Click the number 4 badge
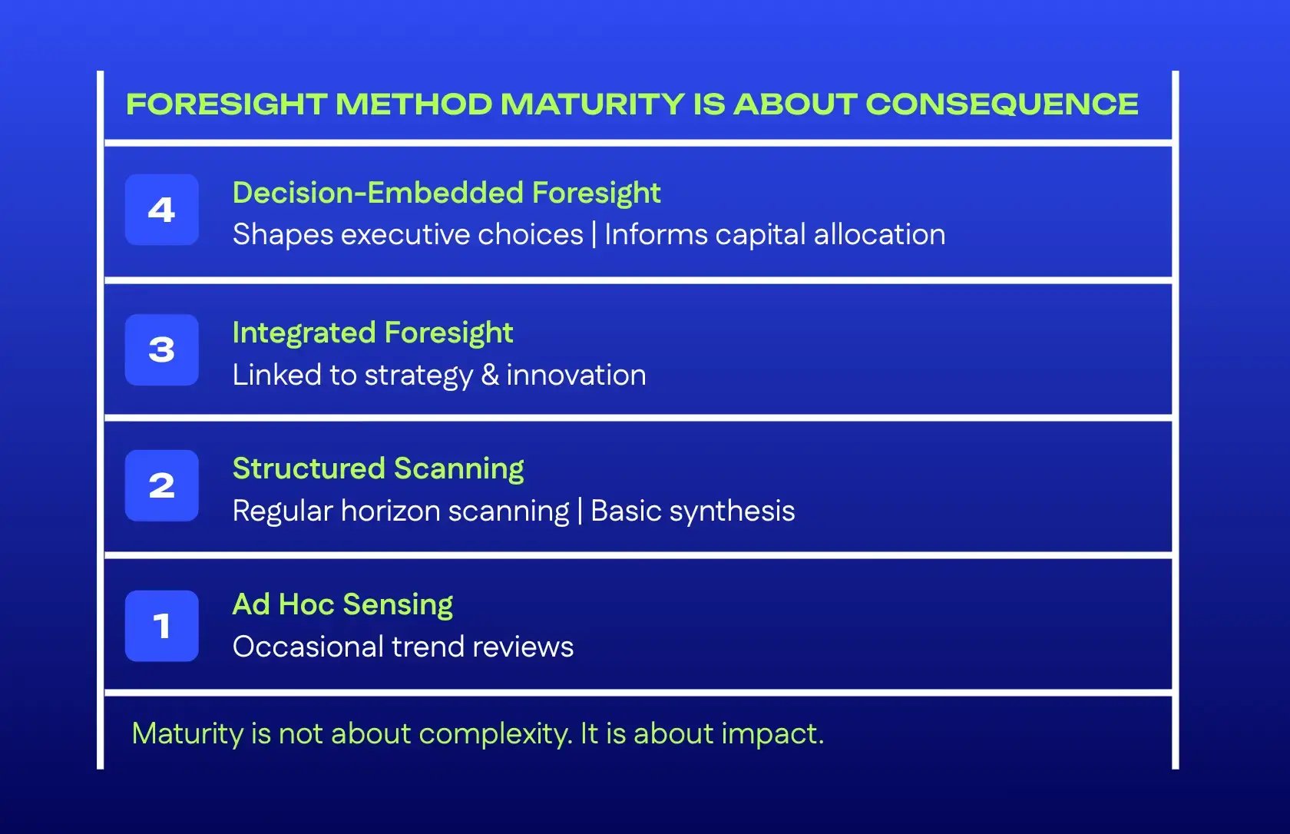click(x=161, y=210)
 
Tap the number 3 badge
click(x=161, y=350)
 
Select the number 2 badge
click(x=161, y=485)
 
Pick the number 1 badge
click(x=161, y=626)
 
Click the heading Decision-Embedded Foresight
click(x=446, y=193)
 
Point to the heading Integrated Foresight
click(x=372, y=333)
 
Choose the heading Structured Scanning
click(x=378, y=468)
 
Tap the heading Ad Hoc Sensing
click(x=342, y=604)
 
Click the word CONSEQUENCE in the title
click(x=1001, y=104)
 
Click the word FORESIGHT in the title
click(x=227, y=104)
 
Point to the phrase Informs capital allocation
click(x=775, y=235)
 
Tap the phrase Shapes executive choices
click(x=408, y=235)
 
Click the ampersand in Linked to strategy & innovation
click(x=489, y=376)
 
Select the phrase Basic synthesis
click(x=693, y=511)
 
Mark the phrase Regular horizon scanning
click(x=401, y=511)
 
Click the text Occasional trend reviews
click(x=403, y=647)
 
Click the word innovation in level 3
click(x=576, y=376)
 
